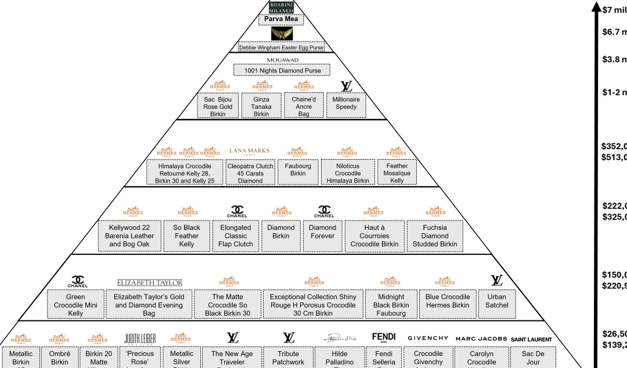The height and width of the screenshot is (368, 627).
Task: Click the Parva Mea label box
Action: tap(282, 19)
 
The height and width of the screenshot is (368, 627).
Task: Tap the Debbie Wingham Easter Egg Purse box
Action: tap(281, 48)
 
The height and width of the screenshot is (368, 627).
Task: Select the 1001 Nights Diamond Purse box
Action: tap(282, 70)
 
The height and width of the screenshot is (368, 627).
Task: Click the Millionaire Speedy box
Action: tap(346, 105)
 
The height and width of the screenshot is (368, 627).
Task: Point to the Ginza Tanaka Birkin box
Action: tap(261, 106)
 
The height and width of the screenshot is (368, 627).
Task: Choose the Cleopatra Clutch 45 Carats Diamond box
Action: tap(250, 173)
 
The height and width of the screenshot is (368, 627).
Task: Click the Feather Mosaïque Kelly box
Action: tap(397, 173)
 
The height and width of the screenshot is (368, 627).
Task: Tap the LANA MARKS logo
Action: tap(250, 151)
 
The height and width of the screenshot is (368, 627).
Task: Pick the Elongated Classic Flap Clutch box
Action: tap(236, 236)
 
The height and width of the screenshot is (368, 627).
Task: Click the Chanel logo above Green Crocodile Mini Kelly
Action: tap(77, 282)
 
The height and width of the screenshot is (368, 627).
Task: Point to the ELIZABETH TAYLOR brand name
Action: tap(150, 283)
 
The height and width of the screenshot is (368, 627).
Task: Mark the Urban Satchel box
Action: tap(497, 301)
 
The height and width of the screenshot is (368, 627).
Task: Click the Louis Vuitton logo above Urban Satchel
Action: tap(496, 280)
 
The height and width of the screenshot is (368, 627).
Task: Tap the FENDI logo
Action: tap(384, 337)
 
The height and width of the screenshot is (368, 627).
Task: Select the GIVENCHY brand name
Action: tap(428, 338)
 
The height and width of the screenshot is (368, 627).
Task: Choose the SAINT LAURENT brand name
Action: tap(531, 339)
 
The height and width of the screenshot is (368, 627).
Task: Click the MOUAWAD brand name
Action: tap(282, 60)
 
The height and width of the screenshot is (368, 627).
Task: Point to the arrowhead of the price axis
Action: tap(595, 7)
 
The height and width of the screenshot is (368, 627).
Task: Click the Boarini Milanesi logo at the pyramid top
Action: tap(282, 6)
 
